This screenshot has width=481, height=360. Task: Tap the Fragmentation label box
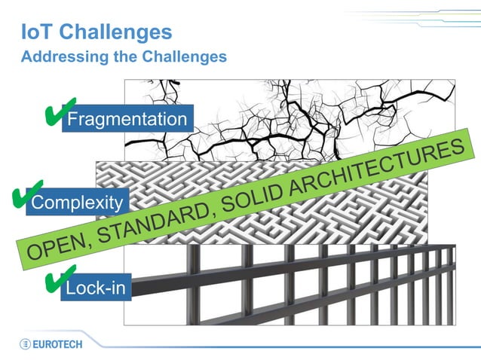(127, 119)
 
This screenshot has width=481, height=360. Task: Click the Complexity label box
(77, 202)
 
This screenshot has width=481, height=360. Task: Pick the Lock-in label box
(96, 288)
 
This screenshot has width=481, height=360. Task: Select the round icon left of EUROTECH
(26, 344)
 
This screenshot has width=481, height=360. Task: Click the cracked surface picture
(317, 113)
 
